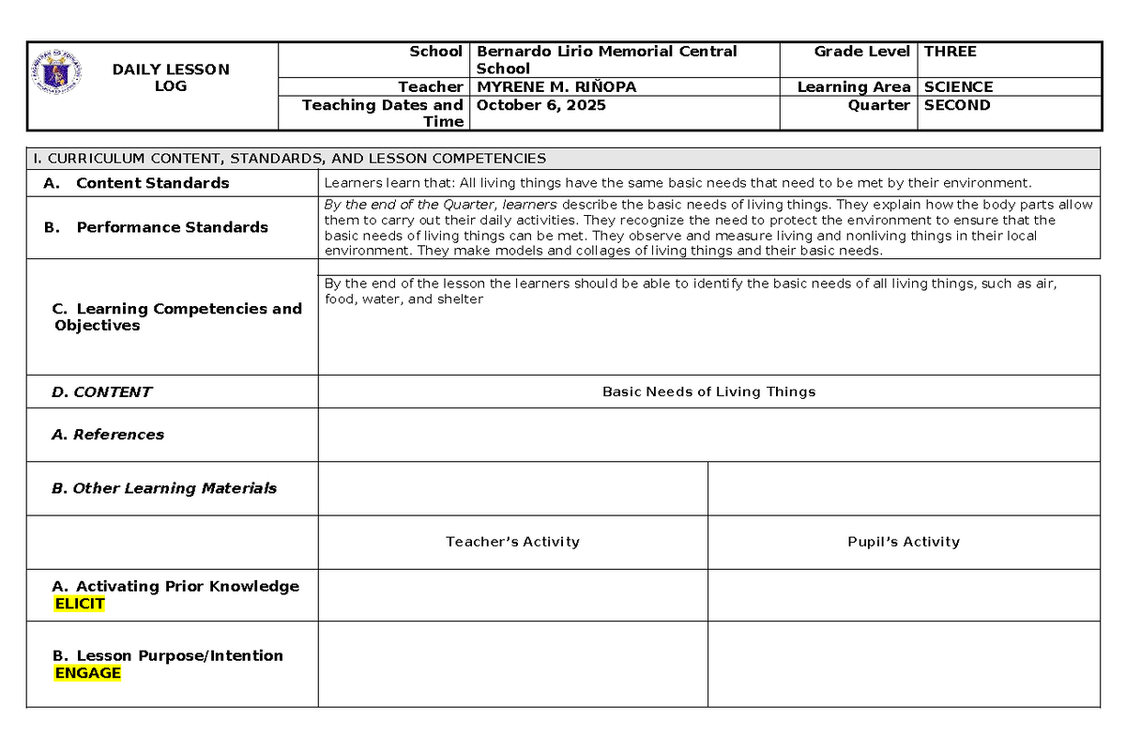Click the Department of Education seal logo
pos(57,73)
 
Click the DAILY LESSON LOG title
pos(170,78)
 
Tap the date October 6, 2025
pos(540,105)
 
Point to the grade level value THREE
pos(950,52)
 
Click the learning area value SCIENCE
pos(958,86)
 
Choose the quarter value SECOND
pos(957,105)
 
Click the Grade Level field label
pos(861,52)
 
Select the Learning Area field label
pos(853,86)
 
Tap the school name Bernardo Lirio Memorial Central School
pos(606,59)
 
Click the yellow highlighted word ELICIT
pos(80,604)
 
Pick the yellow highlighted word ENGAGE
pos(87,672)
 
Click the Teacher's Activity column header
pos(512,542)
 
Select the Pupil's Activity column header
pos(903,542)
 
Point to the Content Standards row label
pos(152,183)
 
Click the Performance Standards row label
pos(172,227)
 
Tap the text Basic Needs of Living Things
pos(708,392)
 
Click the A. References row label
pos(108,435)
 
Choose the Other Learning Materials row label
pos(164,488)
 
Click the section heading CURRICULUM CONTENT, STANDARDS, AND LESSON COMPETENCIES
pos(297,159)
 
